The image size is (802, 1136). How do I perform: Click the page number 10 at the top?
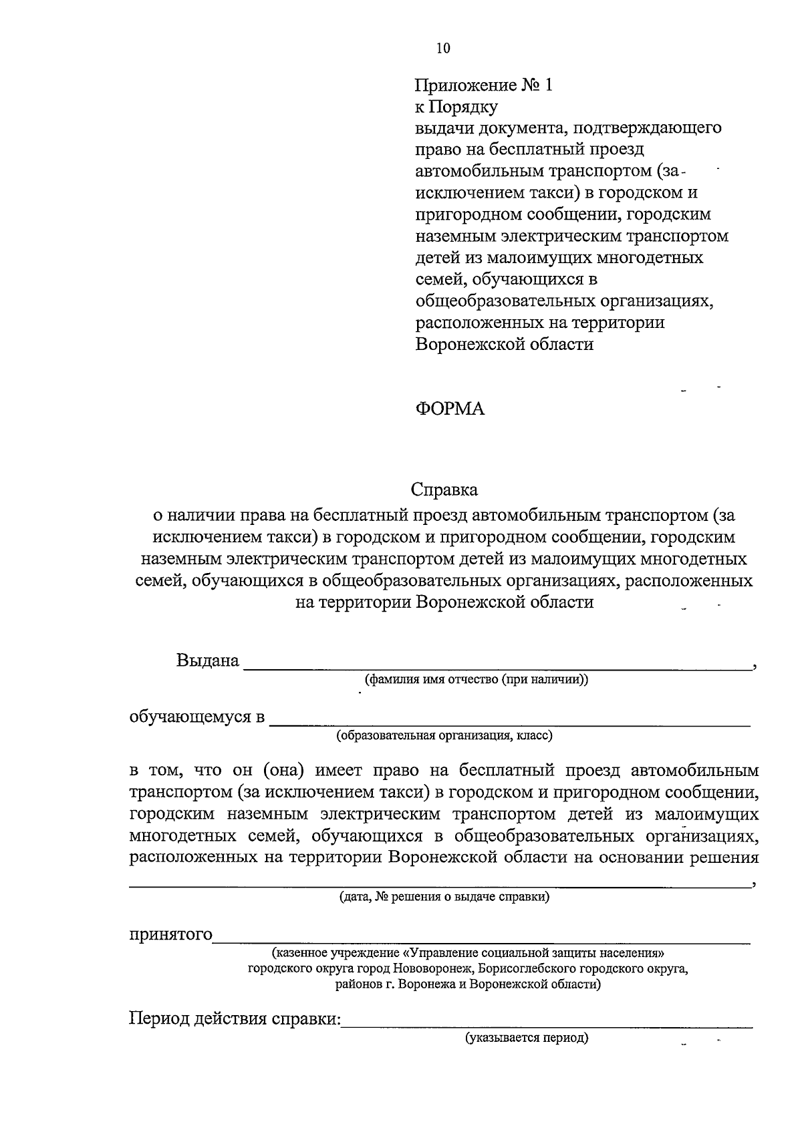(442, 47)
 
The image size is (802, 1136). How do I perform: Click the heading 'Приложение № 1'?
(485, 85)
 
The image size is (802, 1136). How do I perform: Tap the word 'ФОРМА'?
(450, 409)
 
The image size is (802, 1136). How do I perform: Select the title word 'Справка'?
(444, 490)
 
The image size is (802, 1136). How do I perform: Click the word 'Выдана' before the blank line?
(207, 660)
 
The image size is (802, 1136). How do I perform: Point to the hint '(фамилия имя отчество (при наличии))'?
(476, 680)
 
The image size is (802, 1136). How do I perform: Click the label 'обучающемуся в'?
(197, 718)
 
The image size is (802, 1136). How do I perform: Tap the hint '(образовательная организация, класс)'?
(444, 736)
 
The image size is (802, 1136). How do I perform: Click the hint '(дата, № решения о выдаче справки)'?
(444, 896)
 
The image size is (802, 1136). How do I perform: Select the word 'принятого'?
(170, 934)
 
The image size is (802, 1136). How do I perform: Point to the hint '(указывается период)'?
(527, 1038)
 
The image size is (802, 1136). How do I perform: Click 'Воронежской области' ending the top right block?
(504, 345)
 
